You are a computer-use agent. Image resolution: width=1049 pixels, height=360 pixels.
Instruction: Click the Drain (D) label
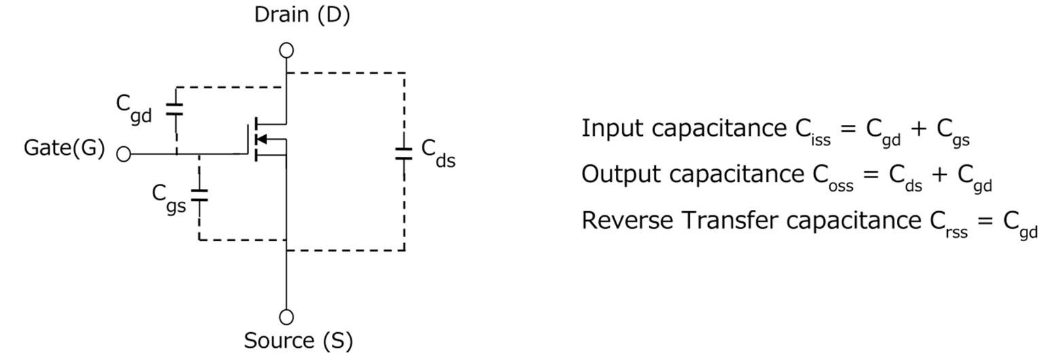[301, 16]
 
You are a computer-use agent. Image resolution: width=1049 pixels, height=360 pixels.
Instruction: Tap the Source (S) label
[299, 340]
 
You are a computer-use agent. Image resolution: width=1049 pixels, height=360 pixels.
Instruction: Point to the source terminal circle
[287, 317]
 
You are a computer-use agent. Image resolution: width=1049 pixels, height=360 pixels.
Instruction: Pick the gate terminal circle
[123, 154]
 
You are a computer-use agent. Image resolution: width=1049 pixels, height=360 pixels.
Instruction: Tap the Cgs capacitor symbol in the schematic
[199, 196]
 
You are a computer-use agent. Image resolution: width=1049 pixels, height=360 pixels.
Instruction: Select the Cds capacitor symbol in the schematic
[404, 154]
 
